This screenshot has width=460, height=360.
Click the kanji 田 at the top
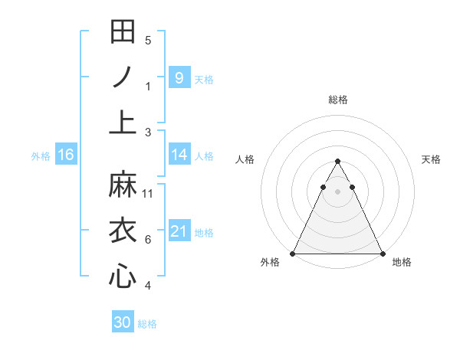click(123, 32)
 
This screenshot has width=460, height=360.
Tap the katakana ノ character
click(123, 77)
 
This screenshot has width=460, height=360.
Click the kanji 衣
click(123, 231)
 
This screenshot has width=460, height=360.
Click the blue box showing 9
click(179, 77)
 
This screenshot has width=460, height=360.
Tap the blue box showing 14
click(179, 155)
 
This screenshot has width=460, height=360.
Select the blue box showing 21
click(179, 231)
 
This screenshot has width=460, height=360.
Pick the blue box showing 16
click(66, 155)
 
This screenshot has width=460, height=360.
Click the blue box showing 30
click(123, 322)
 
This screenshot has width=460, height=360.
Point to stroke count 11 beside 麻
click(148, 194)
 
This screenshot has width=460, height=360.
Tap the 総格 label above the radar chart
click(337, 100)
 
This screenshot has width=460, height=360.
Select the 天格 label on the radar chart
click(431, 159)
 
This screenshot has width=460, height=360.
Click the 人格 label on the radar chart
click(245, 159)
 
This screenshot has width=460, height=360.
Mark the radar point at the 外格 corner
click(293, 253)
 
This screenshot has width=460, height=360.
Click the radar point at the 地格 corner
click(383, 253)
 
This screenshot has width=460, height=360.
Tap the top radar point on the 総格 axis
click(337, 161)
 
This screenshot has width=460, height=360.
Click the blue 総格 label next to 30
click(147, 324)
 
